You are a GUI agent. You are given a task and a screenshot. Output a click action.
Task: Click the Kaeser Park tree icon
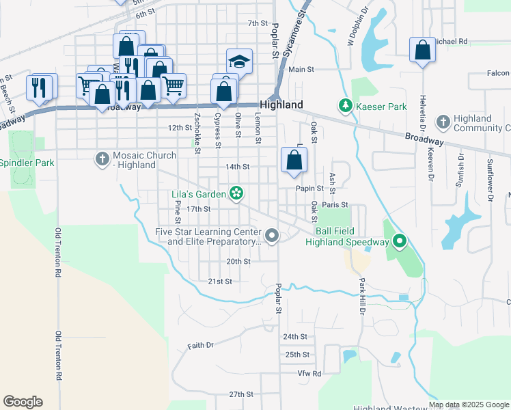[346, 107]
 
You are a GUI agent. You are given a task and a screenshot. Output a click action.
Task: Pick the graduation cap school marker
[239, 61]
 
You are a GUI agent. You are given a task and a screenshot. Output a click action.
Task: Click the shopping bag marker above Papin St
[294, 161]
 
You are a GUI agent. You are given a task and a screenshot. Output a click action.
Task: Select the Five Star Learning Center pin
[273, 236]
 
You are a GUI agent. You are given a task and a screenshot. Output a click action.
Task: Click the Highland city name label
[282, 105]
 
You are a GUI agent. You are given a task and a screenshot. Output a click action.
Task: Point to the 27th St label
[241, 394]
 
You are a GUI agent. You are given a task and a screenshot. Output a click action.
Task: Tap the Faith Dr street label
[201, 346]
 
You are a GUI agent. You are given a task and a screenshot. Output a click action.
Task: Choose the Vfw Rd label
[309, 374]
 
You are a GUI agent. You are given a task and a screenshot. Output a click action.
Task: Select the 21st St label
[220, 281]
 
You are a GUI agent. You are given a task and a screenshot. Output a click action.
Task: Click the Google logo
[23, 402]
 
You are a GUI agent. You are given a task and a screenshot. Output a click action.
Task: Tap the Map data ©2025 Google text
[469, 405]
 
